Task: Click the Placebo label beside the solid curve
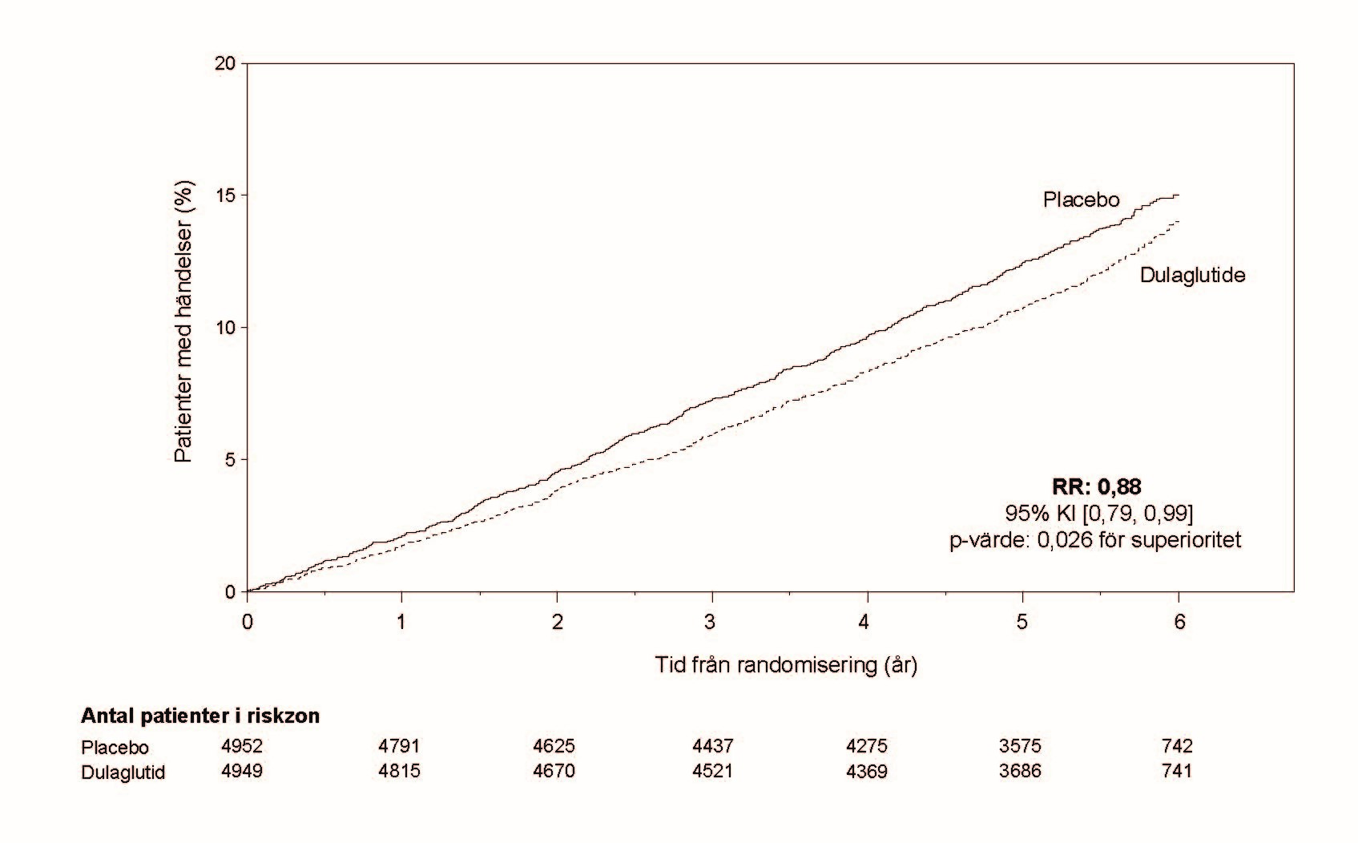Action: tap(1081, 200)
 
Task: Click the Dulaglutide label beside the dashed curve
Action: tap(1192, 276)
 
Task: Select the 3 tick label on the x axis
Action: tap(710, 622)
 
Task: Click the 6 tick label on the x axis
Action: tap(1179, 622)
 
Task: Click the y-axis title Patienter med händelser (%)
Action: tap(183, 322)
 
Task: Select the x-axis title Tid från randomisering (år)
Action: tap(786, 665)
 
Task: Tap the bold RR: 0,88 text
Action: tap(1097, 486)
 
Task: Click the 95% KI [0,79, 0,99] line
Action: tap(1098, 514)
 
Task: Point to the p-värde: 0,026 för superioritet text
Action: tap(1095, 540)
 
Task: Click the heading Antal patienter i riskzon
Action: tap(200, 716)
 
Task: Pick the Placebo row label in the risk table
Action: tap(115, 747)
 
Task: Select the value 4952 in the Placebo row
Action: tap(242, 745)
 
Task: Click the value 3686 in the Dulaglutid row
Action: tap(1021, 771)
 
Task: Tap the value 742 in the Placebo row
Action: tap(1177, 745)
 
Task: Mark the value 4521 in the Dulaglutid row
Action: tap(712, 771)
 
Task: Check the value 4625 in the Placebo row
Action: tap(554, 745)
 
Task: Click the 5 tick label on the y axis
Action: tap(231, 460)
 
